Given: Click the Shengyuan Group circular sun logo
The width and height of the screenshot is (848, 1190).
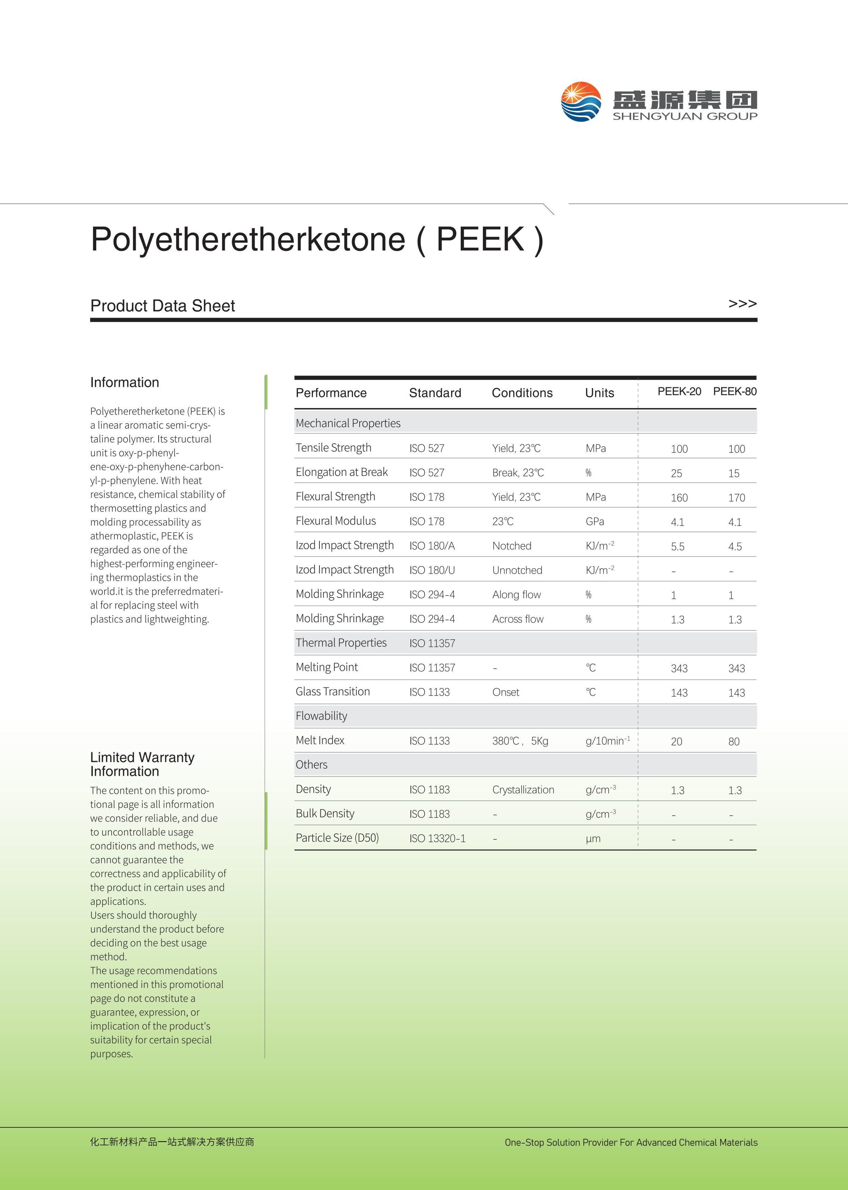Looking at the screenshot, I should click(581, 102).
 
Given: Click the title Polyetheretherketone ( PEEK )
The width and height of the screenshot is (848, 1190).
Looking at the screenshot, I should click(317, 240).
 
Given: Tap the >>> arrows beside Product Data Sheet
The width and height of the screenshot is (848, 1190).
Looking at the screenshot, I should click(742, 303).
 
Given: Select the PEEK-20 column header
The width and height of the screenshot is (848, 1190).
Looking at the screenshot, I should click(679, 391).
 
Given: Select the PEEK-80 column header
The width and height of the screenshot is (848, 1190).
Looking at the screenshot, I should click(734, 391).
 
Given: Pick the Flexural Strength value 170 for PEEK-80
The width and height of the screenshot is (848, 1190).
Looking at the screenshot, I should click(736, 497).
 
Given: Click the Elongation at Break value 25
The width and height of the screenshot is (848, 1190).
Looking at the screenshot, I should click(676, 473).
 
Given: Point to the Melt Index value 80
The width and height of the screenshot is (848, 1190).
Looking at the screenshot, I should click(734, 741).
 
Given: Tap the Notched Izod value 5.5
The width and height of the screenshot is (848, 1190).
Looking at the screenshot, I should click(677, 547).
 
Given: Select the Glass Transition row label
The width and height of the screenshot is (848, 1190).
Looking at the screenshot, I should click(333, 692).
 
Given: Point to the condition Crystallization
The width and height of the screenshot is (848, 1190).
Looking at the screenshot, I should click(523, 790).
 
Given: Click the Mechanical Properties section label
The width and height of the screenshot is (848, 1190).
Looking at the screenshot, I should click(348, 423).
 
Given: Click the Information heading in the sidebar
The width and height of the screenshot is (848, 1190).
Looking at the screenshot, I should click(124, 382).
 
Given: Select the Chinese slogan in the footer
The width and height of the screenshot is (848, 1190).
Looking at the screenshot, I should click(172, 1142).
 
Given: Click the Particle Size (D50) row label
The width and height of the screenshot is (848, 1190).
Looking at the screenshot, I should click(337, 838).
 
